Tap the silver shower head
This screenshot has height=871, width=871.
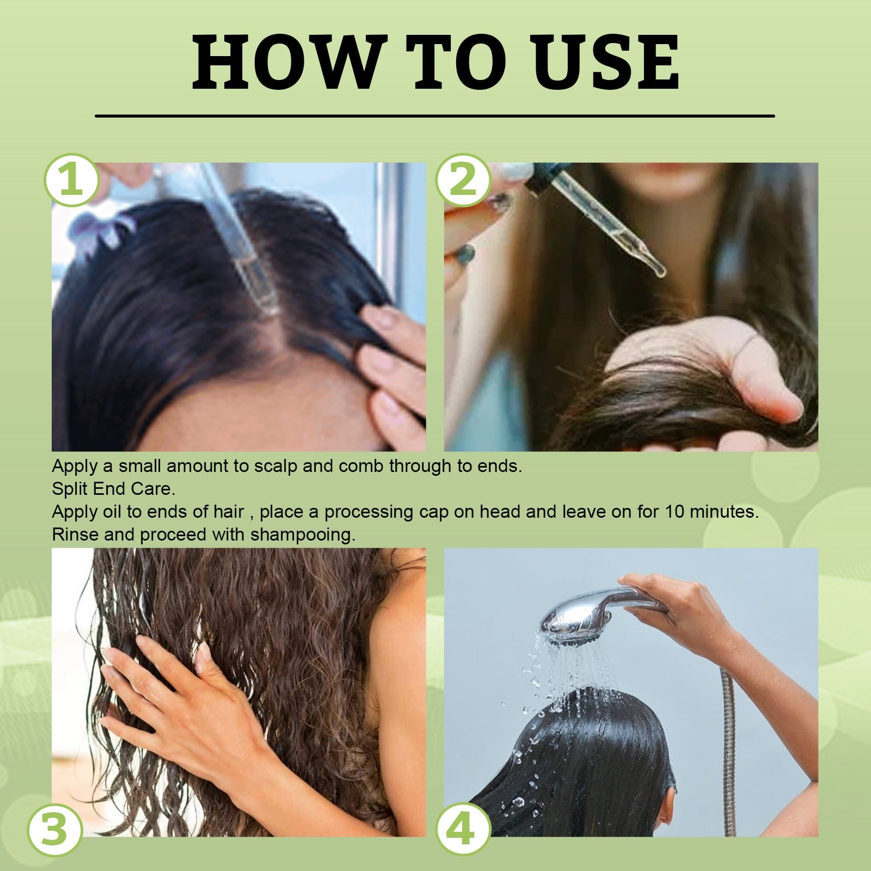point(577,619)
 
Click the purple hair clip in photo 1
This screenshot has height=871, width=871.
point(98,229)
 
